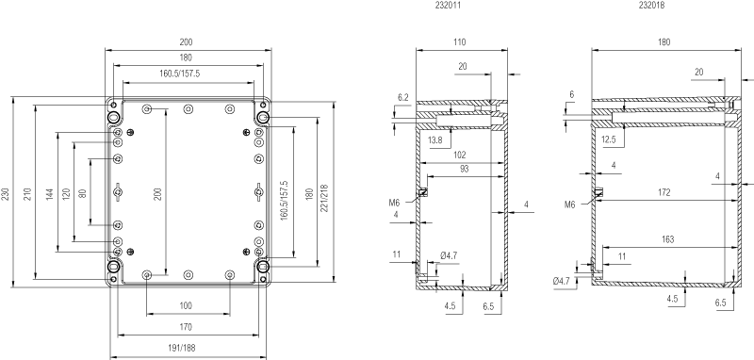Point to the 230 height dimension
tap(6, 193)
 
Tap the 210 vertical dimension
tap(27, 193)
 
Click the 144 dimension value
tap(50, 194)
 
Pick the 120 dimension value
tap(66, 193)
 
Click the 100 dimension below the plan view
tap(186, 305)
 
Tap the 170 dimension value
tap(186, 327)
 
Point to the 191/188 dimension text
tap(185, 349)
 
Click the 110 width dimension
tap(459, 42)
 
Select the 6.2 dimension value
tap(403, 98)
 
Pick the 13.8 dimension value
tap(434, 140)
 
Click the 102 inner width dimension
tap(460, 155)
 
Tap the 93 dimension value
tap(464, 170)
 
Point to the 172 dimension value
tap(664, 193)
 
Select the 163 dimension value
tap(668, 239)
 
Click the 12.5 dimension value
tap(609, 139)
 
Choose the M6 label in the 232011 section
tap(394, 203)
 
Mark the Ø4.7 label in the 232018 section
tap(561, 281)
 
